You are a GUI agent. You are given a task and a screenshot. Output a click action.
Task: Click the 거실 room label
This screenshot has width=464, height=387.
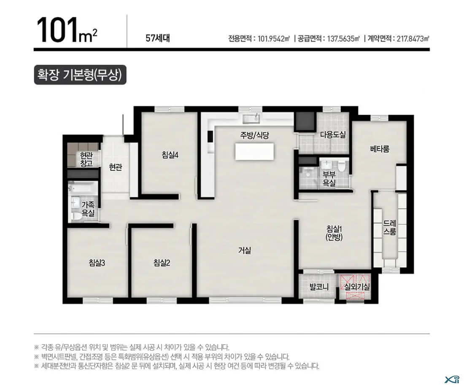click(x=244, y=250)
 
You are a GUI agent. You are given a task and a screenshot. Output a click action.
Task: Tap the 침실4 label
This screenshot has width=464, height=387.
click(x=170, y=155)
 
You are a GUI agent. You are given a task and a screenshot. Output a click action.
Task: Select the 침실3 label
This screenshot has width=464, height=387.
click(x=97, y=263)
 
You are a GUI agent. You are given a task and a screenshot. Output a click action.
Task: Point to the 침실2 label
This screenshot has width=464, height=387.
click(x=162, y=263)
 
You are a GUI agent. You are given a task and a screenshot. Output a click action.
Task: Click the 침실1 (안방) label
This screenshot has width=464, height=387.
click(x=334, y=233)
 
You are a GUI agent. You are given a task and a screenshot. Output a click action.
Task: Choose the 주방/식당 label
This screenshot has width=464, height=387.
click(x=254, y=135)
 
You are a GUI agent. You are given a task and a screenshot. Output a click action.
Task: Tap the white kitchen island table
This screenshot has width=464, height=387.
click(x=254, y=152)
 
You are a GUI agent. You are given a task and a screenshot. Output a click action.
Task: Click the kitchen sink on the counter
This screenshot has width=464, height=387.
click(x=251, y=118)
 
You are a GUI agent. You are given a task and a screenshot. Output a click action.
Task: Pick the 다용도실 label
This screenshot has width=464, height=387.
click(x=333, y=134)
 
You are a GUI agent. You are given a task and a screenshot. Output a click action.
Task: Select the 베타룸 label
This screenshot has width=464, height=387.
click(x=380, y=149)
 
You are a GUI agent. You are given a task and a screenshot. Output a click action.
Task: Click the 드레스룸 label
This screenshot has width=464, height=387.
click(x=390, y=227)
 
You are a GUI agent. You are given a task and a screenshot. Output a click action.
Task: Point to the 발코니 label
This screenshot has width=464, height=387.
click(x=319, y=286)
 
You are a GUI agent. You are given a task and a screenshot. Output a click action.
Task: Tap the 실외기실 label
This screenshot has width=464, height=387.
click(x=357, y=286)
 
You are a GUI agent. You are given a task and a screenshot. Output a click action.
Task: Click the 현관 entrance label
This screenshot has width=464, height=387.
click(x=115, y=168)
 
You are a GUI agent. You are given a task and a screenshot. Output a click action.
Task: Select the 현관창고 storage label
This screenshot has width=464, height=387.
click(x=86, y=160)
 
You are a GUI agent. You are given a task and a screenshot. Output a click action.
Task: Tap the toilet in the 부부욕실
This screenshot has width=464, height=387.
click(x=343, y=166)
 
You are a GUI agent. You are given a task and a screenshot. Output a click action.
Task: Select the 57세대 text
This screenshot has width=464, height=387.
click(x=158, y=38)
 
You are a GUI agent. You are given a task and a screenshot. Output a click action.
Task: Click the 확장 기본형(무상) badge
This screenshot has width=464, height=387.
click(x=80, y=75)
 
